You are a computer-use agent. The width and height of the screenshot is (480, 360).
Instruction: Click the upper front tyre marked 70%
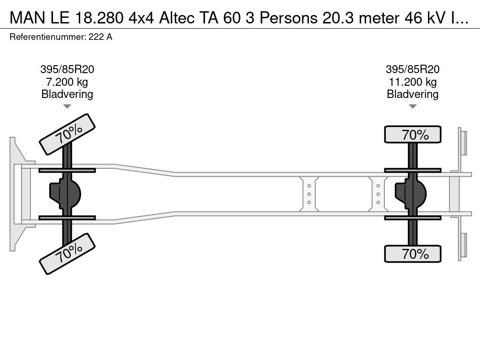pos(67,134)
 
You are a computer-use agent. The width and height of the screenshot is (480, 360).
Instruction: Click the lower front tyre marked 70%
pos(67,254)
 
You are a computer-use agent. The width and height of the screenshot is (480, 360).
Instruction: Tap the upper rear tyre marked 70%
pos(412,135)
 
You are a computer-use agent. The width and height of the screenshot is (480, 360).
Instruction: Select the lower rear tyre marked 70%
pos(412,254)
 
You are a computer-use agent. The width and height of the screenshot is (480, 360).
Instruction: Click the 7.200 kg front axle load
pos(67,82)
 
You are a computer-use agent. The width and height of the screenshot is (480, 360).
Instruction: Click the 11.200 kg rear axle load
pos(412,82)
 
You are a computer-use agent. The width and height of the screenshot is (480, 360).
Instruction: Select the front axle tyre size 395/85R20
pos(67,69)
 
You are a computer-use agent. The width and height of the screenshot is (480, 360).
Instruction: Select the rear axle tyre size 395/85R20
pos(412,69)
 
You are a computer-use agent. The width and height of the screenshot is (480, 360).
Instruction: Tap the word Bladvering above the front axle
pos(67,94)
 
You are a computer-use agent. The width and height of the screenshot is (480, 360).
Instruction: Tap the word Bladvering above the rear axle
pos(412,94)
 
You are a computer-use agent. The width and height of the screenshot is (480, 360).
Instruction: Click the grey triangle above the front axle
pos(67,106)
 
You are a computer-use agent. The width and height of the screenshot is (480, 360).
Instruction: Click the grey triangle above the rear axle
pos(412,106)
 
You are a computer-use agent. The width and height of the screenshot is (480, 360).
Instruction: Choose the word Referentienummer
pos(47,37)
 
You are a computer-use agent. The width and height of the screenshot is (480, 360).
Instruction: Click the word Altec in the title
pos(177,18)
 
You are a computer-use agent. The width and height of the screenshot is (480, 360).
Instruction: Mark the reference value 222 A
pos(100,37)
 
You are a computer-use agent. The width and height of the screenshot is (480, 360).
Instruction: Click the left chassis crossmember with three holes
pos(309,194)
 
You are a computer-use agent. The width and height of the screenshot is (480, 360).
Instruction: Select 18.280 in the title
pos(99,18)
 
